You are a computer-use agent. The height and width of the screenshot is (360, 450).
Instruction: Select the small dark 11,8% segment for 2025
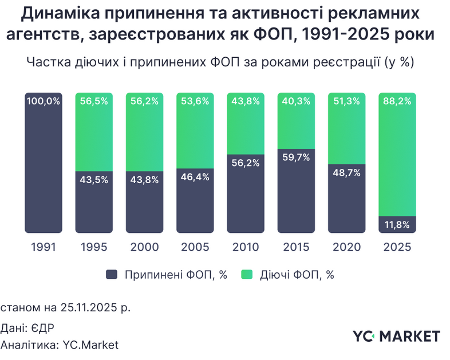pos(397,224)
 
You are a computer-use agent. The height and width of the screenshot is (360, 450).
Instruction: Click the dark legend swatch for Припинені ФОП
pos(112,275)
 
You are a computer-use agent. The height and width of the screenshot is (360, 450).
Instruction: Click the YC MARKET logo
pos(397,336)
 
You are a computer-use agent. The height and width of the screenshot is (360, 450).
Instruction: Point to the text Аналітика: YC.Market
pos(60,345)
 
